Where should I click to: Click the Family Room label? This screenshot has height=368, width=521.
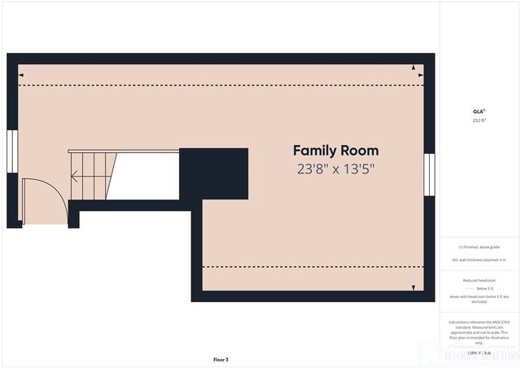pyautogui.click(x=335, y=151)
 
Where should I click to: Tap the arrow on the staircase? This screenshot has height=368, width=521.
pyautogui.click(x=76, y=175)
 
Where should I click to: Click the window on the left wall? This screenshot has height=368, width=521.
pyautogui.click(x=12, y=151)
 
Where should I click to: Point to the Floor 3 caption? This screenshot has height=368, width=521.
pyautogui.click(x=221, y=359)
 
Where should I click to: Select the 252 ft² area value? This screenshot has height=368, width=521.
pyautogui.click(x=479, y=120)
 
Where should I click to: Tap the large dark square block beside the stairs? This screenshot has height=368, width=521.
pyautogui.click(x=212, y=174)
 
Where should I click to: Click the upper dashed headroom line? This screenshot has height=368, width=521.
pyautogui.click(x=220, y=85)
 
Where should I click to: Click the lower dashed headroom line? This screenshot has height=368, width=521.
pyautogui.click(x=309, y=266)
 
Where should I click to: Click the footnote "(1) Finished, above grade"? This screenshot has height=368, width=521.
pyautogui.click(x=479, y=247)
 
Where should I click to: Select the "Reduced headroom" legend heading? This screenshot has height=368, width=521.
pyautogui.click(x=479, y=280)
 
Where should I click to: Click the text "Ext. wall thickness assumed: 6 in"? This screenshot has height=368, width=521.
pyautogui.click(x=479, y=260)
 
